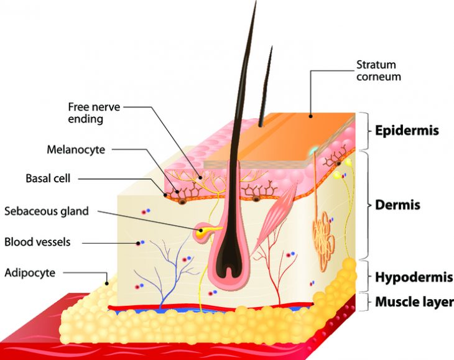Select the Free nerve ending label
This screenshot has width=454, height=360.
point(94,113)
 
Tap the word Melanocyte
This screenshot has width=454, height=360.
point(76,149)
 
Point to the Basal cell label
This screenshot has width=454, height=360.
point(48,178)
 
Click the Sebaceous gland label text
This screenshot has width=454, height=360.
point(47,211)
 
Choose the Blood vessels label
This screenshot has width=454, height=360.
point(37,241)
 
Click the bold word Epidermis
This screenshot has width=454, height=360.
point(407,131)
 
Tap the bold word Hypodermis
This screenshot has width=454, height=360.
point(414,277)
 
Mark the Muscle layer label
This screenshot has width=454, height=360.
point(414,303)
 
